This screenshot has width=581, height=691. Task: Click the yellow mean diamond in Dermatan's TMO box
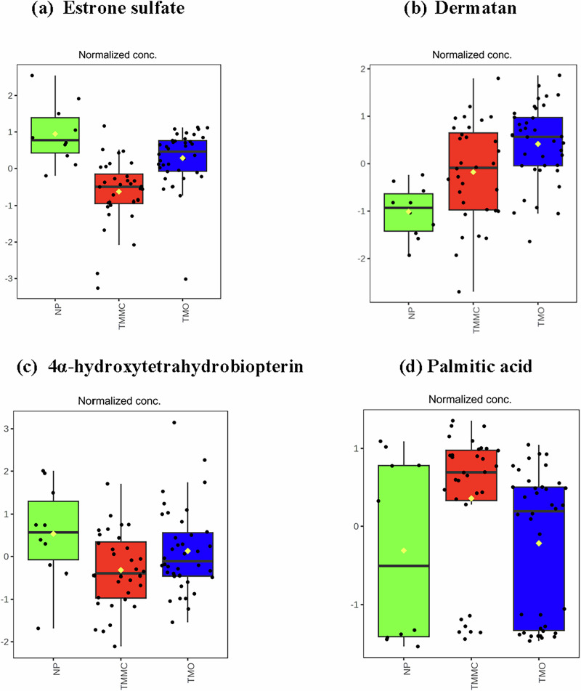(538, 144)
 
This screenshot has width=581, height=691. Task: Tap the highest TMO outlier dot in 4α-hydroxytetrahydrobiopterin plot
(174, 422)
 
